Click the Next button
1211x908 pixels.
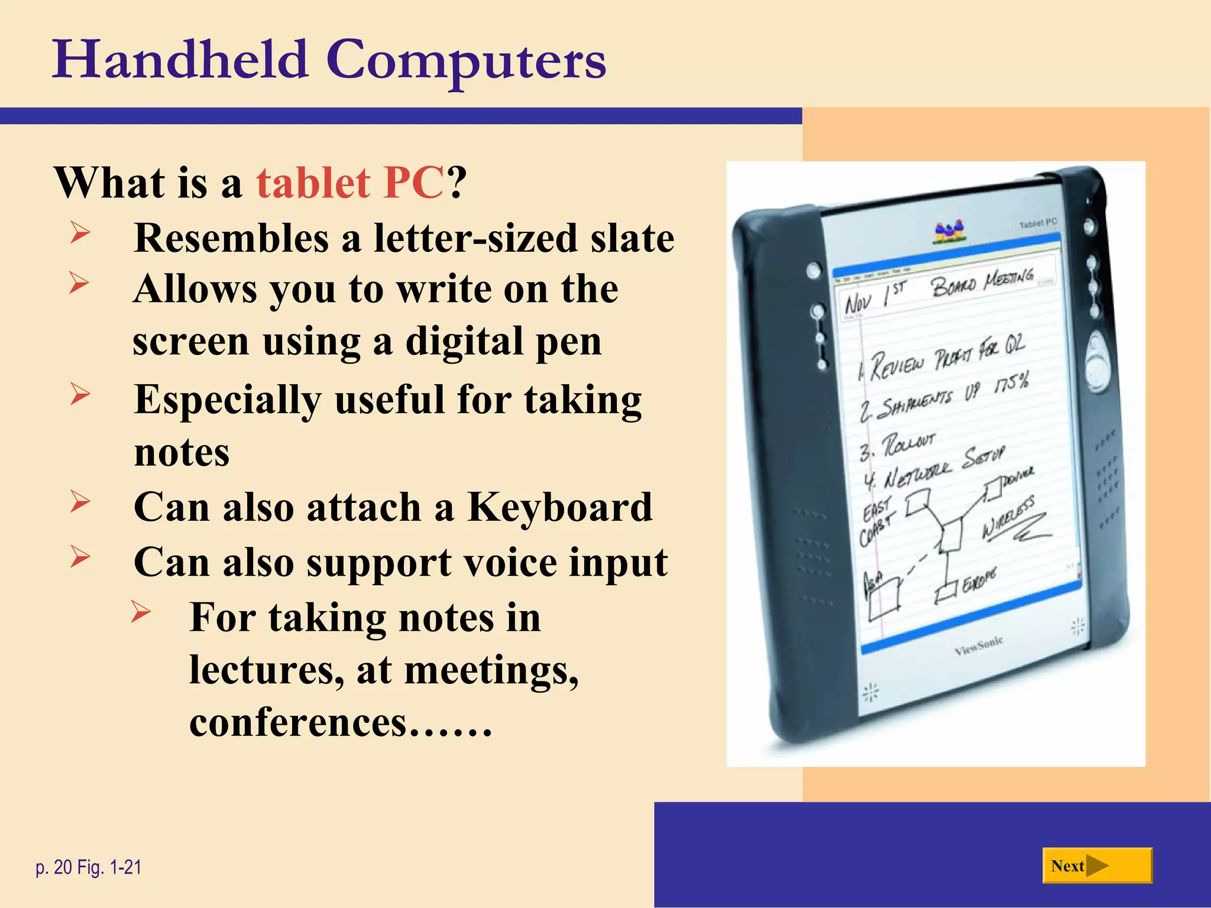(1097, 866)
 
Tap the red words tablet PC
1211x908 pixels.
(349, 183)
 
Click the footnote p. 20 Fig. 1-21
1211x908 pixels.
(89, 867)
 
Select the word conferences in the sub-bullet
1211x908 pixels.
(298, 722)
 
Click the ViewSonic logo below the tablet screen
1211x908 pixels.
(979, 646)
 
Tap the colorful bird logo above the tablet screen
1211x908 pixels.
(949, 232)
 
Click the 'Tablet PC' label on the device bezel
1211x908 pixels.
(1038, 223)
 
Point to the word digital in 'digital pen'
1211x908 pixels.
(464, 342)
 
